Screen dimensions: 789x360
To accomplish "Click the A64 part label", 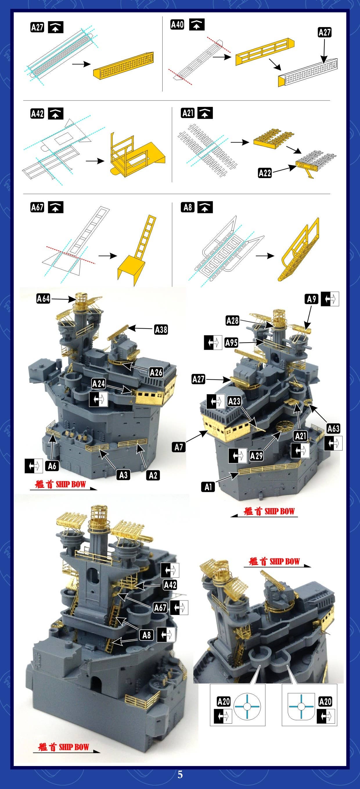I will coord(43,298).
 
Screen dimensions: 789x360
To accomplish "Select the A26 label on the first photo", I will coord(156,372).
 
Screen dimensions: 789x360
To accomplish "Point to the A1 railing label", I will coord(208,487).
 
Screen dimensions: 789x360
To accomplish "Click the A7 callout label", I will coord(179,447).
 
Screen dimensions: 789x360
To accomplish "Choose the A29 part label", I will coord(256,456).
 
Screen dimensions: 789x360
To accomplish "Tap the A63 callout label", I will coord(333,428).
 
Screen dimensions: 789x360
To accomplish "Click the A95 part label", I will coord(231,343).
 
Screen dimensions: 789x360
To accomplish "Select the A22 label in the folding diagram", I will coord(265,173).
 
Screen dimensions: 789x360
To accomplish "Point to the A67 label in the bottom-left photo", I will coord(160,608).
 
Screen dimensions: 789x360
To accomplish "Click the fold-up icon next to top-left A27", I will coord(56,28).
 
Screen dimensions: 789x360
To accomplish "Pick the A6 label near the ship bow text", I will coord(52,466).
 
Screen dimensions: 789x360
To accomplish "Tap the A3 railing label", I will coord(123,475).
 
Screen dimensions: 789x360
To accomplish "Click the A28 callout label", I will coord(232,321).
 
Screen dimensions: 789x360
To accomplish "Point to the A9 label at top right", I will coord(312,299).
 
